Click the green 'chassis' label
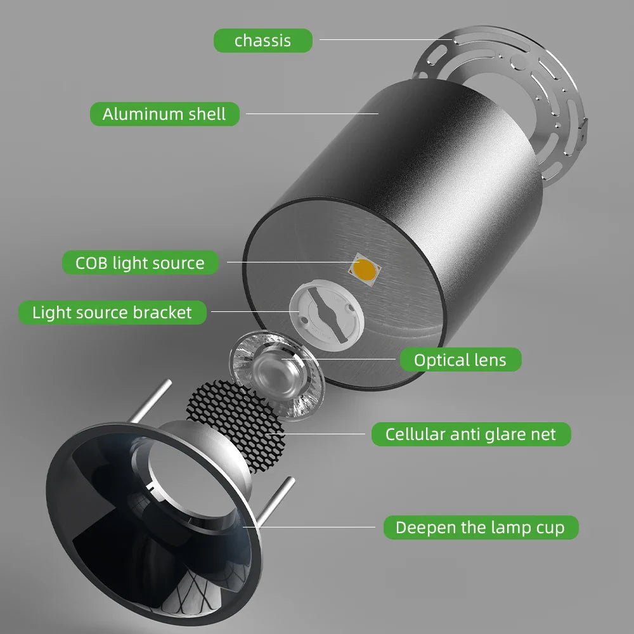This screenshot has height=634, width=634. pyautogui.click(x=263, y=41)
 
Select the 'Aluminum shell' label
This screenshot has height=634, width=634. pyautogui.click(x=165, y=114)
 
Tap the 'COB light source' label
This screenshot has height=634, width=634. pyautogui.click(x=140, y=263)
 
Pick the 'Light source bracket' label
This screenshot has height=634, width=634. pyautogui.click(x=112, y=313)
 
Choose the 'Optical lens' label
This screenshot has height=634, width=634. pyautogui.click(x=460, y=359)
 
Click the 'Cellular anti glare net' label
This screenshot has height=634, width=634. pyautogui.click(x=471, y=434)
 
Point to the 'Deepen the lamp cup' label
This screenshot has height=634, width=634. pyautogui.click(x=481, y=527)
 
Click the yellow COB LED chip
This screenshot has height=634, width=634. pyautogui.click(x=365, y=269)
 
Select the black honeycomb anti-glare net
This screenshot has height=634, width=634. pyautogui.click(x=236, y=425)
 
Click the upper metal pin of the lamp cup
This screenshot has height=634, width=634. pyautogui.click(x=152, y=401)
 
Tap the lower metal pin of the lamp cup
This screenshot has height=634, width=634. pyautogui.click(x=276, y=501)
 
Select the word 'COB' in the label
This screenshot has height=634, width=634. pyautogui.click(x=91, y=263)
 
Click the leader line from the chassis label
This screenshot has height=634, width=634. pyautogui.click(x=386, y=39)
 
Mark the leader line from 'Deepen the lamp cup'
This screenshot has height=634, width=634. pyautogui.click(x=309, y=527)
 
